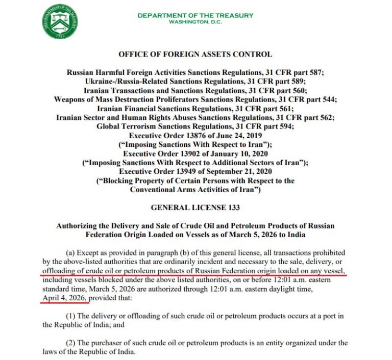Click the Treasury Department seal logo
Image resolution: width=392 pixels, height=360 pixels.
pos(60,21)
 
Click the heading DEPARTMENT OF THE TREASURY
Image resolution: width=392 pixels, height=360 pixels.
pos(195,15)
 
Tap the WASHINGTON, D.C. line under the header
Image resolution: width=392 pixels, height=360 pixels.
pos(195,22)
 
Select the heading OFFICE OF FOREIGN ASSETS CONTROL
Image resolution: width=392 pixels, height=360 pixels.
pos(195,54)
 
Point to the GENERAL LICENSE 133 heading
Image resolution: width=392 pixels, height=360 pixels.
pos(195,208)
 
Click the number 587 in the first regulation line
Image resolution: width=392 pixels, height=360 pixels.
pos(316,72)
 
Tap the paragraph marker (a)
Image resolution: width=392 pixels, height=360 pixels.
pos(72,253)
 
